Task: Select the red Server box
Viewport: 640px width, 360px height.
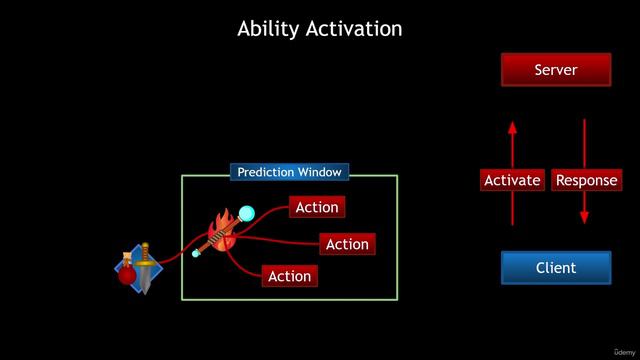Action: click(x=556, y=70)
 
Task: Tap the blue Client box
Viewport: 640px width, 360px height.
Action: click(x=556, y=268)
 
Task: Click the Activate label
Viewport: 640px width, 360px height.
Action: click(x=512, y=181)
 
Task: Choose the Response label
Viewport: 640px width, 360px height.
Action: click(x=586, y=181)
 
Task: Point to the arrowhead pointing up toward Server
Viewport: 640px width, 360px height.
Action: click(x=512, y=127)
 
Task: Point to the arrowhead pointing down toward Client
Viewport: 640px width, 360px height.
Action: click(x=584, y=217)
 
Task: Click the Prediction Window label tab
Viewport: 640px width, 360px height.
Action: click(x=290, y=172)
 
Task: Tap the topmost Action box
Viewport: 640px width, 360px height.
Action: click(x=317, y=208)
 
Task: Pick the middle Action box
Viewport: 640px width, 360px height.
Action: click(x=347, y=244)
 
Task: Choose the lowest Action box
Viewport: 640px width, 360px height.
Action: click(x=290, y=276)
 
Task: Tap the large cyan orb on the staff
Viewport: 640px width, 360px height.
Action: click(x=246, y=212)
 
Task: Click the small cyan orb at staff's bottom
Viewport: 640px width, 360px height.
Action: click(x=197, y=254)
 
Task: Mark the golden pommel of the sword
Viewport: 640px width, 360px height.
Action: click(x=144, y=246)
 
